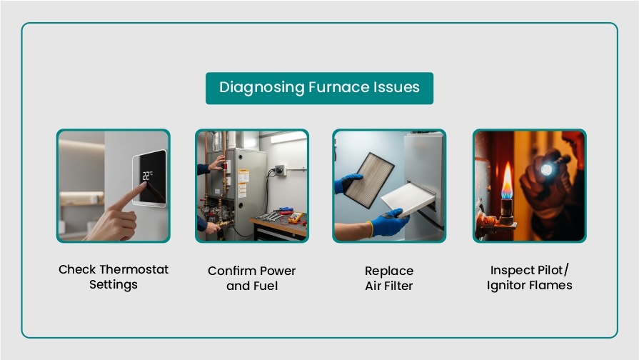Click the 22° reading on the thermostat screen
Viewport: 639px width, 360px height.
tap(147, 176)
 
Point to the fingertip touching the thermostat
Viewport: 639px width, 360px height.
tap(143, 185)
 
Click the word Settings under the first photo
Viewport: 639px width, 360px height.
tap(114, 284)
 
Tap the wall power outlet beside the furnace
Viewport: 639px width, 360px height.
tap(280, 169)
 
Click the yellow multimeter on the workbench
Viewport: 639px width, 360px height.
tap(295, 217)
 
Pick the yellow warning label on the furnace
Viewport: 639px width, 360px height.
tap(243, 176)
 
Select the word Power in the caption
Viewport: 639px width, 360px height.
tap(278, 271)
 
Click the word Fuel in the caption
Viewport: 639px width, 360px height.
tap(266, 286)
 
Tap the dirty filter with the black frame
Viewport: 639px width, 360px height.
tap(369, 180)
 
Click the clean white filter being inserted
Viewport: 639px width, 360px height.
tap(408, 199)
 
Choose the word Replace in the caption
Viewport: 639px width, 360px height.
tap(389, 271)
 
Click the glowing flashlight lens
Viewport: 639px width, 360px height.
tap(546, 169)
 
